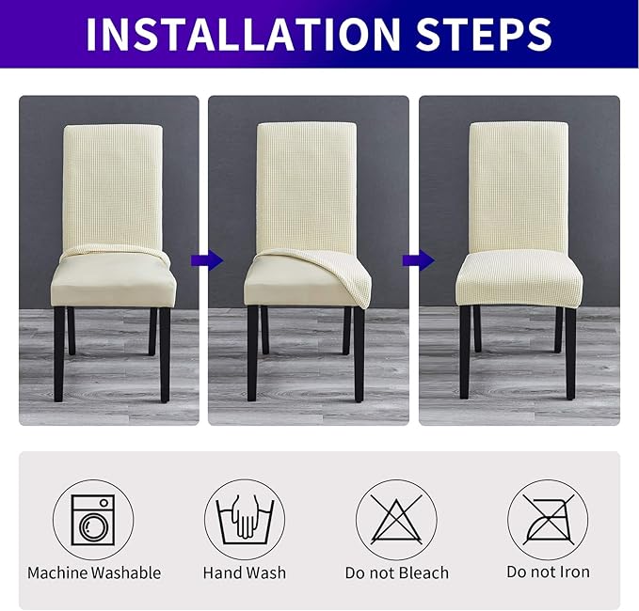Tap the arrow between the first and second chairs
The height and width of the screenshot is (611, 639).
click(201, 259)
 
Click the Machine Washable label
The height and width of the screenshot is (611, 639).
click(94, 572)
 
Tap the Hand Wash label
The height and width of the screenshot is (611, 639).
click(245, 572)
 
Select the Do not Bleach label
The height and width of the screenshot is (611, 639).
click(396, 572)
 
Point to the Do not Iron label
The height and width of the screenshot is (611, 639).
click(548, 572)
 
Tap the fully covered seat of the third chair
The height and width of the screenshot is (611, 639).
click(518, 277)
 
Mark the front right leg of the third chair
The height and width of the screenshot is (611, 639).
click(570, 352)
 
